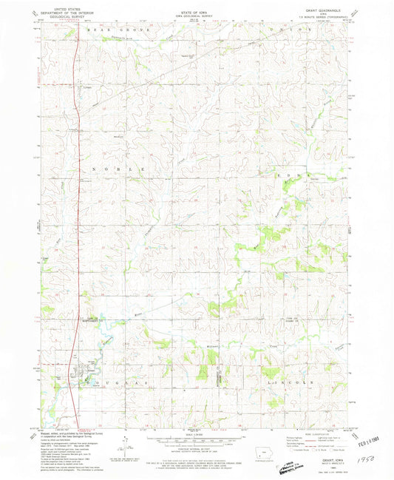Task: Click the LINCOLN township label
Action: click(x=303, y=382)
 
